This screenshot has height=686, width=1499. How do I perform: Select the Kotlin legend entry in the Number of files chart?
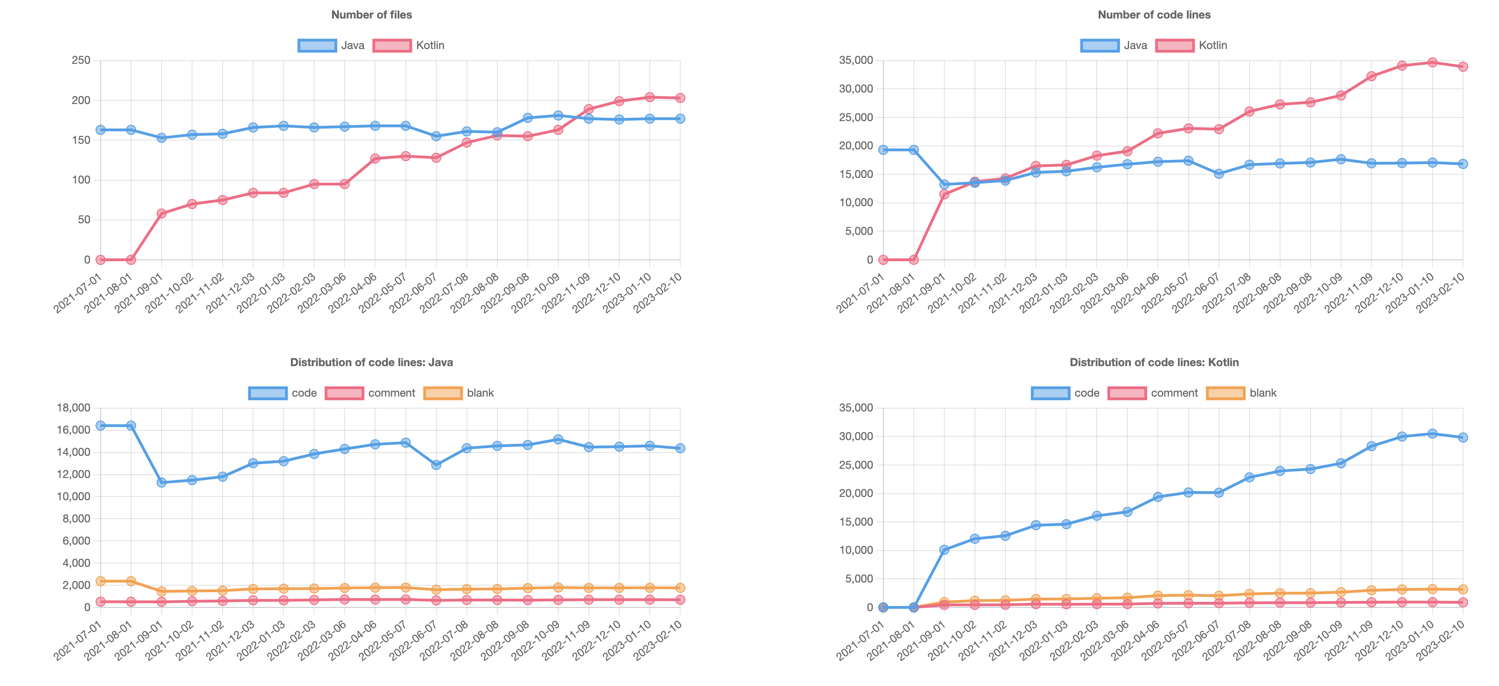[409, 45]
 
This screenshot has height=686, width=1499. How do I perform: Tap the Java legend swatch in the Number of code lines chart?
[1099, 45]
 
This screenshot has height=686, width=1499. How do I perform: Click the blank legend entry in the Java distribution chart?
[459, 393]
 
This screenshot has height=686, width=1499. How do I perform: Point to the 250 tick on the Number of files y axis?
[81, 61]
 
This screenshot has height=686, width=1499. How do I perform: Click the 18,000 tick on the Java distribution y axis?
[74, 408]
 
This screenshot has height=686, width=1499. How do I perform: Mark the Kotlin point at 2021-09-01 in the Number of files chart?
[162, 214]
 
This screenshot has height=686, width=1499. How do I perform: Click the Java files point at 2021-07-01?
[101, 130]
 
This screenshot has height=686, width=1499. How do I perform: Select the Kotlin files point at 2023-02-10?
[680, 98]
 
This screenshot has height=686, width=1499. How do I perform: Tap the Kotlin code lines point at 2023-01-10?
[1432, 62]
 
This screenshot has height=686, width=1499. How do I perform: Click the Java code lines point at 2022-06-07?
[1219, 173]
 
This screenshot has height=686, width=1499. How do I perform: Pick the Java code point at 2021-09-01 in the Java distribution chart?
[162, 482]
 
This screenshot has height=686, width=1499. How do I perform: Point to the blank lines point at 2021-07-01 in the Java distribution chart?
[101, 581]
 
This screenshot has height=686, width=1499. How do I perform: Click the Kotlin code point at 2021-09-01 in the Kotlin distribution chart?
[944, 550]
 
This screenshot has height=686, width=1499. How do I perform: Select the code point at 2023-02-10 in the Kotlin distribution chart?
[1463, 437]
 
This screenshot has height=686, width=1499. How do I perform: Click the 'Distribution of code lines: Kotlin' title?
[1154, 363]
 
